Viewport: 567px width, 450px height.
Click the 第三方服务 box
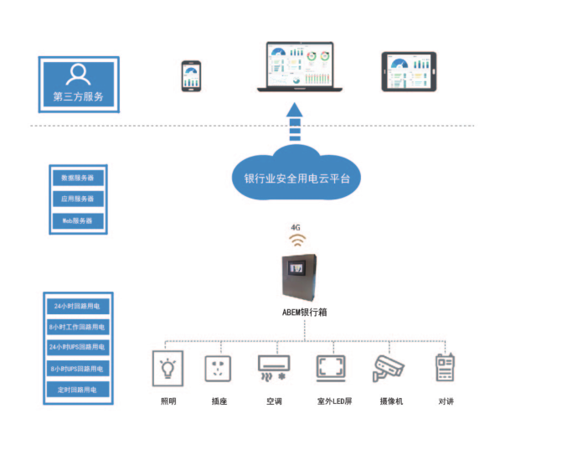[79, 84]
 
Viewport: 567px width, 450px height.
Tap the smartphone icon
[191, 75]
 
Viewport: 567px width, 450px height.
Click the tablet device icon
[409, 72]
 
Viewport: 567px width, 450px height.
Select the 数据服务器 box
[78, 178]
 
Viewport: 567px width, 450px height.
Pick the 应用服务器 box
[78, 199]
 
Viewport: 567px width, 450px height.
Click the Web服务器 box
[78, 221]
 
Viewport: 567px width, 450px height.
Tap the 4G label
[296, 227]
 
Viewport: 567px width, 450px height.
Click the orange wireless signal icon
[297, 239]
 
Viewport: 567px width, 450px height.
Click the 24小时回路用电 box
[76, 306]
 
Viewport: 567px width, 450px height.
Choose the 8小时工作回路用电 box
[76, 327]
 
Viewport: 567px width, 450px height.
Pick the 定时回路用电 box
[76, 390]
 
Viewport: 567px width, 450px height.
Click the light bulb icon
[169, 369]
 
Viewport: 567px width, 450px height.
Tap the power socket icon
[219, 369]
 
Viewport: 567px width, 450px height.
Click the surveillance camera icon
[389, 368]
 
